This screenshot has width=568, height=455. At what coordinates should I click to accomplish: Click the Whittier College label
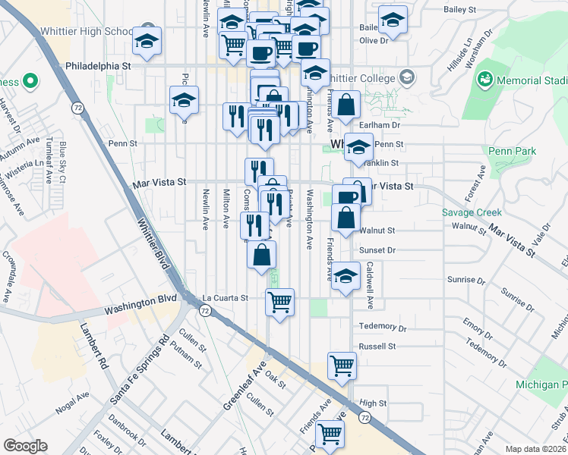pos(363,79)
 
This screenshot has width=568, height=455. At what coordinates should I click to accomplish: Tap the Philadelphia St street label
pos(99,67)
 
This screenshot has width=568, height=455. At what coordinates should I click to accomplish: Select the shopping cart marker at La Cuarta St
pos(279,302)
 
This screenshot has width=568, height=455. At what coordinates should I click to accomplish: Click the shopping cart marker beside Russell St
pos(342,366)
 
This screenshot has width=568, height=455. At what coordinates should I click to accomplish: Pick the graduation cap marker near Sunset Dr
pos(346,276)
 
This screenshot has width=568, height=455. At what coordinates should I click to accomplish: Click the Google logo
pos(25,446)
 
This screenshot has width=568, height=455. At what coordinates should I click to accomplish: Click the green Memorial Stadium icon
pos(484,79)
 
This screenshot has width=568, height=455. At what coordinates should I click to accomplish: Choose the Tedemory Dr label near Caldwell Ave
pos(383,326)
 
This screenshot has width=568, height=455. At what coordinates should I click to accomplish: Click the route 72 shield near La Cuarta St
pos(205,311)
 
